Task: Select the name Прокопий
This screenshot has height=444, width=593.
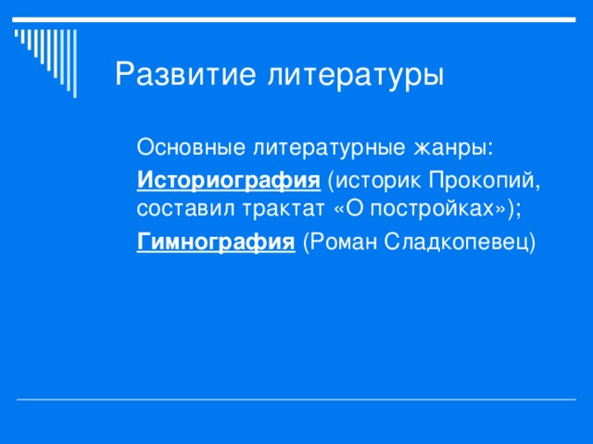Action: click(x=486, y=179)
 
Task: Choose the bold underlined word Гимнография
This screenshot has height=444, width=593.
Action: click(x=216, y=242)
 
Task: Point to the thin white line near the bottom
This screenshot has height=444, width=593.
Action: click(x=296, y=400)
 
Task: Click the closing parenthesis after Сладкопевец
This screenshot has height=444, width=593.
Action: click(x=534, y=242)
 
